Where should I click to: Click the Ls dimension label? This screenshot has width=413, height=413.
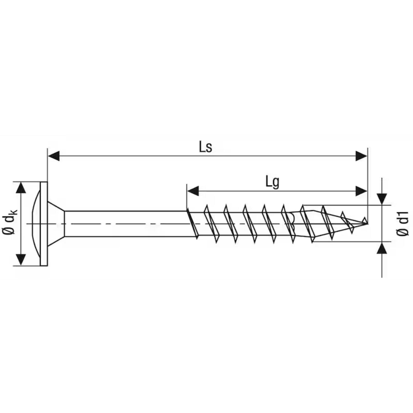[206, 147]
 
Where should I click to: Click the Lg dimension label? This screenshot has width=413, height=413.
[272, 182]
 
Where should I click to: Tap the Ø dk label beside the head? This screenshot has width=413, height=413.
[11, 222]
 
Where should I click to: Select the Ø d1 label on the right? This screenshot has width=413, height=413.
[403, 224]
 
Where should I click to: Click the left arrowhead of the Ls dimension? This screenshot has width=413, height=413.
[54, 156]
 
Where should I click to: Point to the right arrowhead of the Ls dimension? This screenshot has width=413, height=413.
[361, 156]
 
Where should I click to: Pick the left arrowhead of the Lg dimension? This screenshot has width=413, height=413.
[193, 191]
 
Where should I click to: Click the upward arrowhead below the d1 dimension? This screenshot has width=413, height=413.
[382, 248]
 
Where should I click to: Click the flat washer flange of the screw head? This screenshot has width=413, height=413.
[44, 224]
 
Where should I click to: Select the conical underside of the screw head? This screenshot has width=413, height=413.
[56, 224]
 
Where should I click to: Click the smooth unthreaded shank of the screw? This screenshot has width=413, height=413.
[126, 224]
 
